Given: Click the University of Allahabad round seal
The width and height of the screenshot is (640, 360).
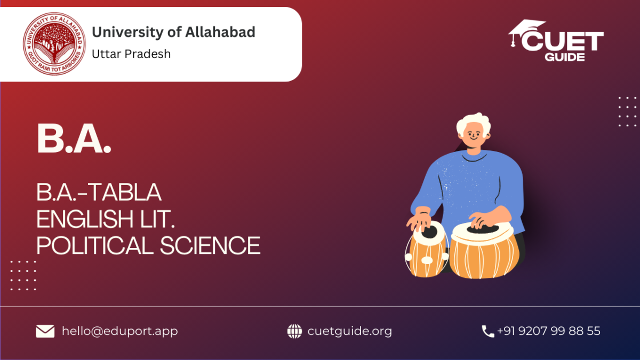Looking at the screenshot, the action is pyautogui.click(x=54, y=44).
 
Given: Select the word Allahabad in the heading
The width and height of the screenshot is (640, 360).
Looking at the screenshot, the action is pyautogui.click(x=220, y=32).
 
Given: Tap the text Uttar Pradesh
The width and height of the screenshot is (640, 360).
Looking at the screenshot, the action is pyautogui.click(x=131, y=54).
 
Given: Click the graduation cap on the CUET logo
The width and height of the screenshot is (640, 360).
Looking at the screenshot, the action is pyautogui.click(x=526, y=32).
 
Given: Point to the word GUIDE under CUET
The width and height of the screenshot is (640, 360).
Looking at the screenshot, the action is pyautogui.click(x=565, y=57).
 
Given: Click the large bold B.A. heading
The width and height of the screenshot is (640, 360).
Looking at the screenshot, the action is pyautogui.click(x=74, y=139).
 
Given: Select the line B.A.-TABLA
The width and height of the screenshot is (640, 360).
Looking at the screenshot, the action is pyautogui.click(x=99, y=192).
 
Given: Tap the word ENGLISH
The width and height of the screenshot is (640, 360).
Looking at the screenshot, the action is pyautogui.click(x=85, y=219).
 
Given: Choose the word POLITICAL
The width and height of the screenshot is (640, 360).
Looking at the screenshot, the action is pyautogui.click(x=95, y=245).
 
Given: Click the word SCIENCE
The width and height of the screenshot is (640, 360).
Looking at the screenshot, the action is pyautogui.click(x=210, y=245).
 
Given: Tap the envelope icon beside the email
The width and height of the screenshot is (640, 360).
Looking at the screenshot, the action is pyautogui.click(x=45, y=331).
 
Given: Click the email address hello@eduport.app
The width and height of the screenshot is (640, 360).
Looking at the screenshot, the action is pyautogui.click(x=119, y=331).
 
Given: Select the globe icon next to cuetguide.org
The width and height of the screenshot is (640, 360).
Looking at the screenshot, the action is pyautogui.click(x=294, y=331).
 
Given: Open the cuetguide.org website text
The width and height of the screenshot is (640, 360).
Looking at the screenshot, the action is pyautogui.click(x=350, y=331).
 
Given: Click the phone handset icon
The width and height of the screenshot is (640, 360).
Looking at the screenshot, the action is pyautogui.click(x=487, y=331).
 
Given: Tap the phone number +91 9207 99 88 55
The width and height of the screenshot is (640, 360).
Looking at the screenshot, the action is pyautogui.click(x=549, y=331).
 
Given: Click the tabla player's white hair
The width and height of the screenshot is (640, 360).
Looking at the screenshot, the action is pyautogui.click(x=474, y=122).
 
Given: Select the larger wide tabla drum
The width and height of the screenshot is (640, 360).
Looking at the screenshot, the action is pyautogui.click(x=484, y=251).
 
